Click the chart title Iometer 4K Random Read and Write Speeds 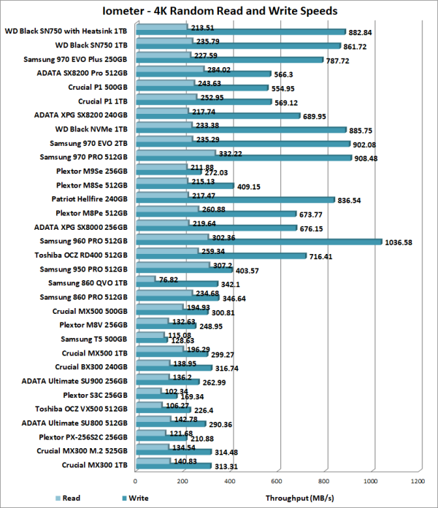219,12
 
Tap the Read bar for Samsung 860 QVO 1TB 145,278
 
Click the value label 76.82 169,278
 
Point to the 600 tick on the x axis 277,481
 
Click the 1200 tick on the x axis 418,481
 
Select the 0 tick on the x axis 135,481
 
